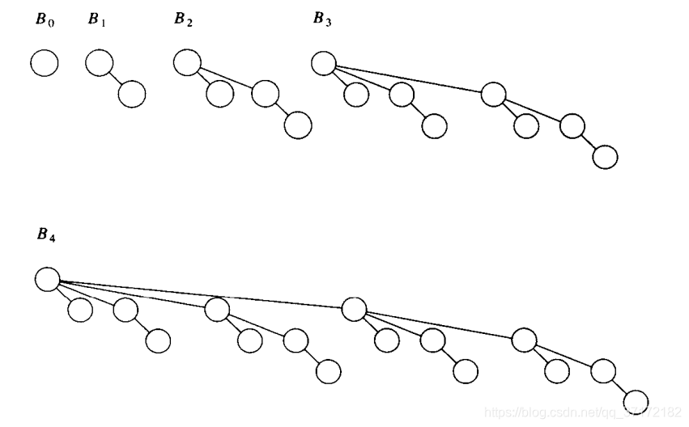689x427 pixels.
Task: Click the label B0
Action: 45,19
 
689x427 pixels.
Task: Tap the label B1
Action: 97,19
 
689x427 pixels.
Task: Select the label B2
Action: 183,19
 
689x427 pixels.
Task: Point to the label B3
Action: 322,19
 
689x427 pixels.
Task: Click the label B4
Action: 47,235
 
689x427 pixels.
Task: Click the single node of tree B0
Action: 45,63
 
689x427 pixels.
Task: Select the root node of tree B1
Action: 98,63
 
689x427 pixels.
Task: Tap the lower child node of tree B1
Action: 131,94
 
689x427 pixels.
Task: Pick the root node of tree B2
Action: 187,62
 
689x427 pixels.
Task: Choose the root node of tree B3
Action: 324,63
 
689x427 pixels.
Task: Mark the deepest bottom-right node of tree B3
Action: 605,156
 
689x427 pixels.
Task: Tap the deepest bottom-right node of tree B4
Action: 636,402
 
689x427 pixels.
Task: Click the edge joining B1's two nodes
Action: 115,78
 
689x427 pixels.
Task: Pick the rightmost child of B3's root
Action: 494,95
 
